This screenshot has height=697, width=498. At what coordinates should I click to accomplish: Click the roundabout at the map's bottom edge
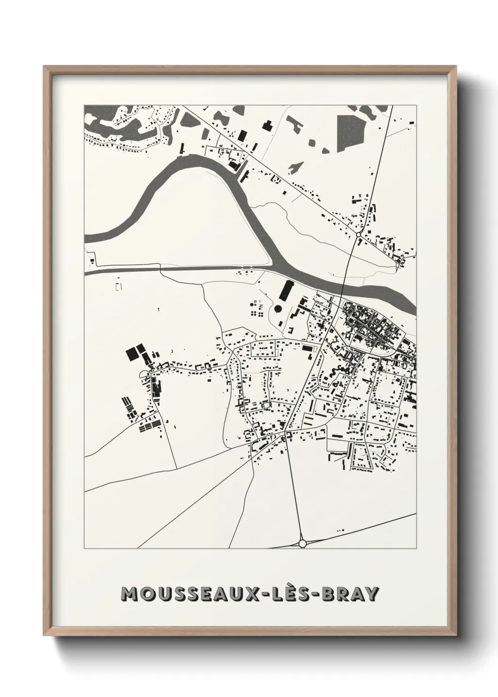point(302,543)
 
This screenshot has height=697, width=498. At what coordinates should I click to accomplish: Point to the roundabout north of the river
point(358,234)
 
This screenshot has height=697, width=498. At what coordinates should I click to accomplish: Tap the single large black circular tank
point(278,308)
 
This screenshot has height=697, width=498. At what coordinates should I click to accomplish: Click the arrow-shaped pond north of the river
point(295,167)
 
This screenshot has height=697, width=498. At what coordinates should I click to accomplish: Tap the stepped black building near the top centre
point(267,126)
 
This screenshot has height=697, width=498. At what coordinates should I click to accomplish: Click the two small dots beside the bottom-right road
point(341,530)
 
